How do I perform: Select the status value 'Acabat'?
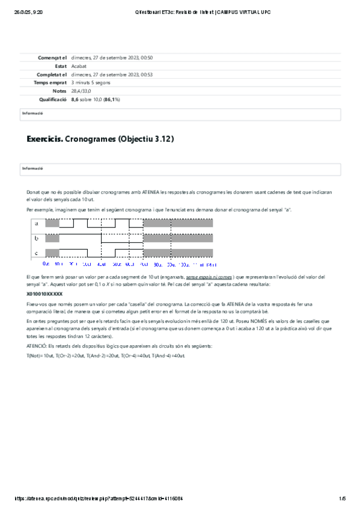tap(79, 66)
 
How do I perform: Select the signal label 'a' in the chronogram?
tap(36, 224)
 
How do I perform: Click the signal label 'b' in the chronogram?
tap(36, 238)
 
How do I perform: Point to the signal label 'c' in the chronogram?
tap(36, 253)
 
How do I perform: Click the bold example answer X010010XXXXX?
tap(44, 295)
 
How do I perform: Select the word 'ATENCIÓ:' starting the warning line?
tap(38, 347)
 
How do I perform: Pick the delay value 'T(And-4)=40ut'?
tap(169, 357)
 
